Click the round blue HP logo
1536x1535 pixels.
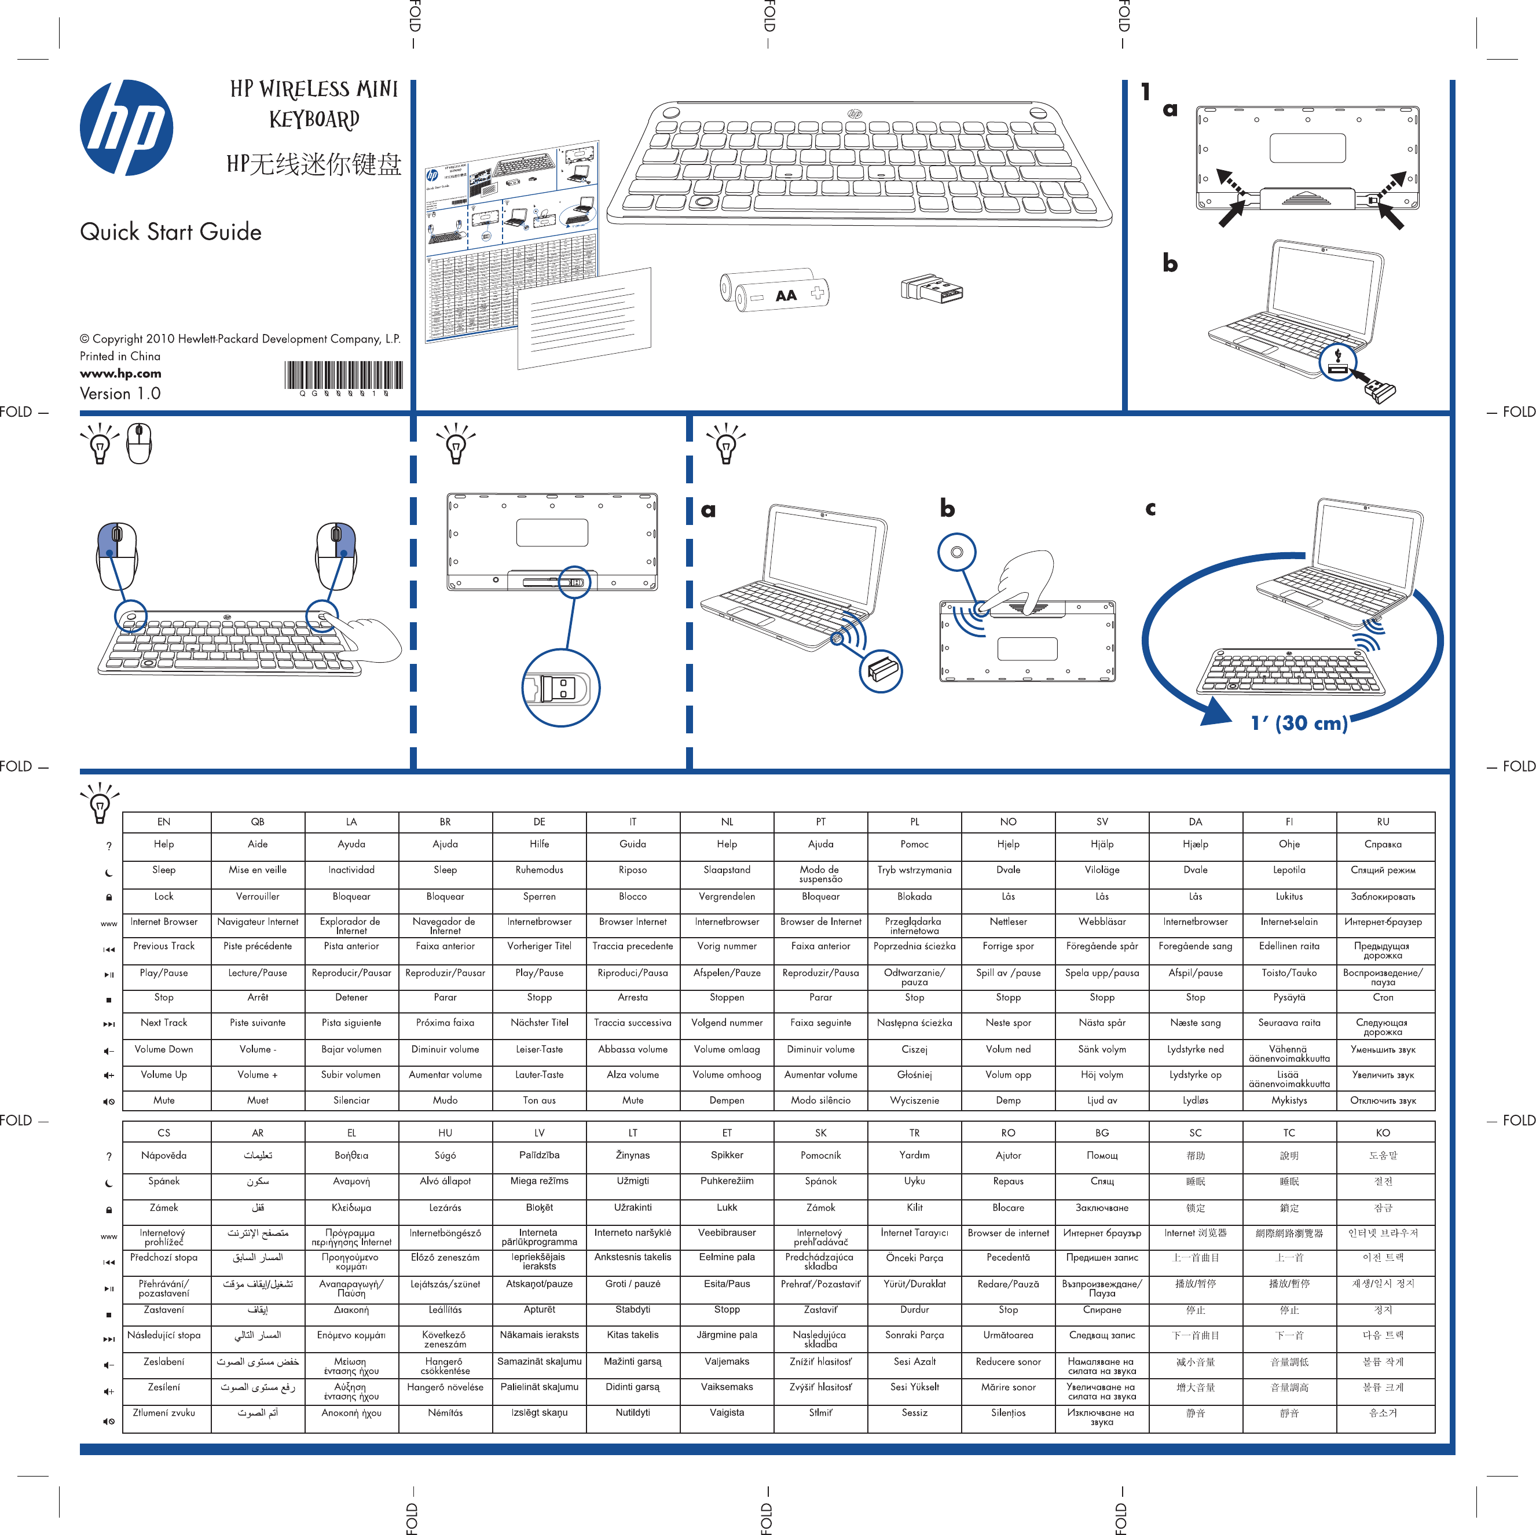coord(126,127)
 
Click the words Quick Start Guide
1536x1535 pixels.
coord(171,232)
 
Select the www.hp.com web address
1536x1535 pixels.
coord(120,373)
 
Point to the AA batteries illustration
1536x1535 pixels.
coord(774,292)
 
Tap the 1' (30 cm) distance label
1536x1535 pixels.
coord(1299,722)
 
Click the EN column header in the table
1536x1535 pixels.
coord(164,822)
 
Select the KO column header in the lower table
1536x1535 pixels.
coord(1383,1133)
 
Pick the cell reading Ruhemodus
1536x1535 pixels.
coord(539,869)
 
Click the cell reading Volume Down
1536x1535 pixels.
coord(164,1049)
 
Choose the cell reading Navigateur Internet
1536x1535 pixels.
coord(258,922)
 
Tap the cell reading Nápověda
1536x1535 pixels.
coord(164,1155)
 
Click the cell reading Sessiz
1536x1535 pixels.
coord(914,1412)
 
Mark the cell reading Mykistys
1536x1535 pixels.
coord(1289,1101)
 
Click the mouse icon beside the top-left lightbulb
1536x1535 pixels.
coord(139,443)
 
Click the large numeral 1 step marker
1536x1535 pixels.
coord(1146,93)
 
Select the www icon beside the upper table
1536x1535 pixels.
coord(109,924)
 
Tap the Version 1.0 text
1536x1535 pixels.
coord(120,394)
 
